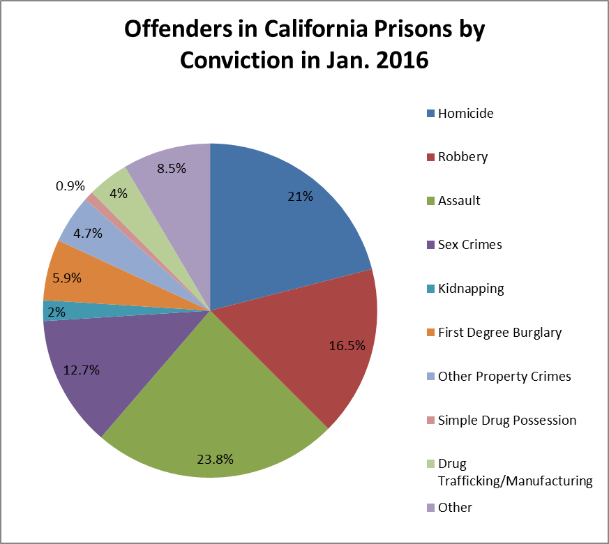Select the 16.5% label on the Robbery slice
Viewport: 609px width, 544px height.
[346, 345]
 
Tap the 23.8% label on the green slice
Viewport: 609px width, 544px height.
[215, 459]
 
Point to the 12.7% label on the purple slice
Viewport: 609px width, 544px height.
[81, 370]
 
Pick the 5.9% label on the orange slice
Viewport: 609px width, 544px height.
[66, 277]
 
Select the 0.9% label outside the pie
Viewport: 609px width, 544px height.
[69, 186]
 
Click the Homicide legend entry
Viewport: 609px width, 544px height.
[465, 113]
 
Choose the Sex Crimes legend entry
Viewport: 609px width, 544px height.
[469, 245]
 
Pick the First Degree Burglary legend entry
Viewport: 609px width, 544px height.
[499, 333]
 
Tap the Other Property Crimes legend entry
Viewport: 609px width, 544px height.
[504, 377]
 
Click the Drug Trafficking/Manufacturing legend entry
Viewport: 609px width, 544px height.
[514, 472]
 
